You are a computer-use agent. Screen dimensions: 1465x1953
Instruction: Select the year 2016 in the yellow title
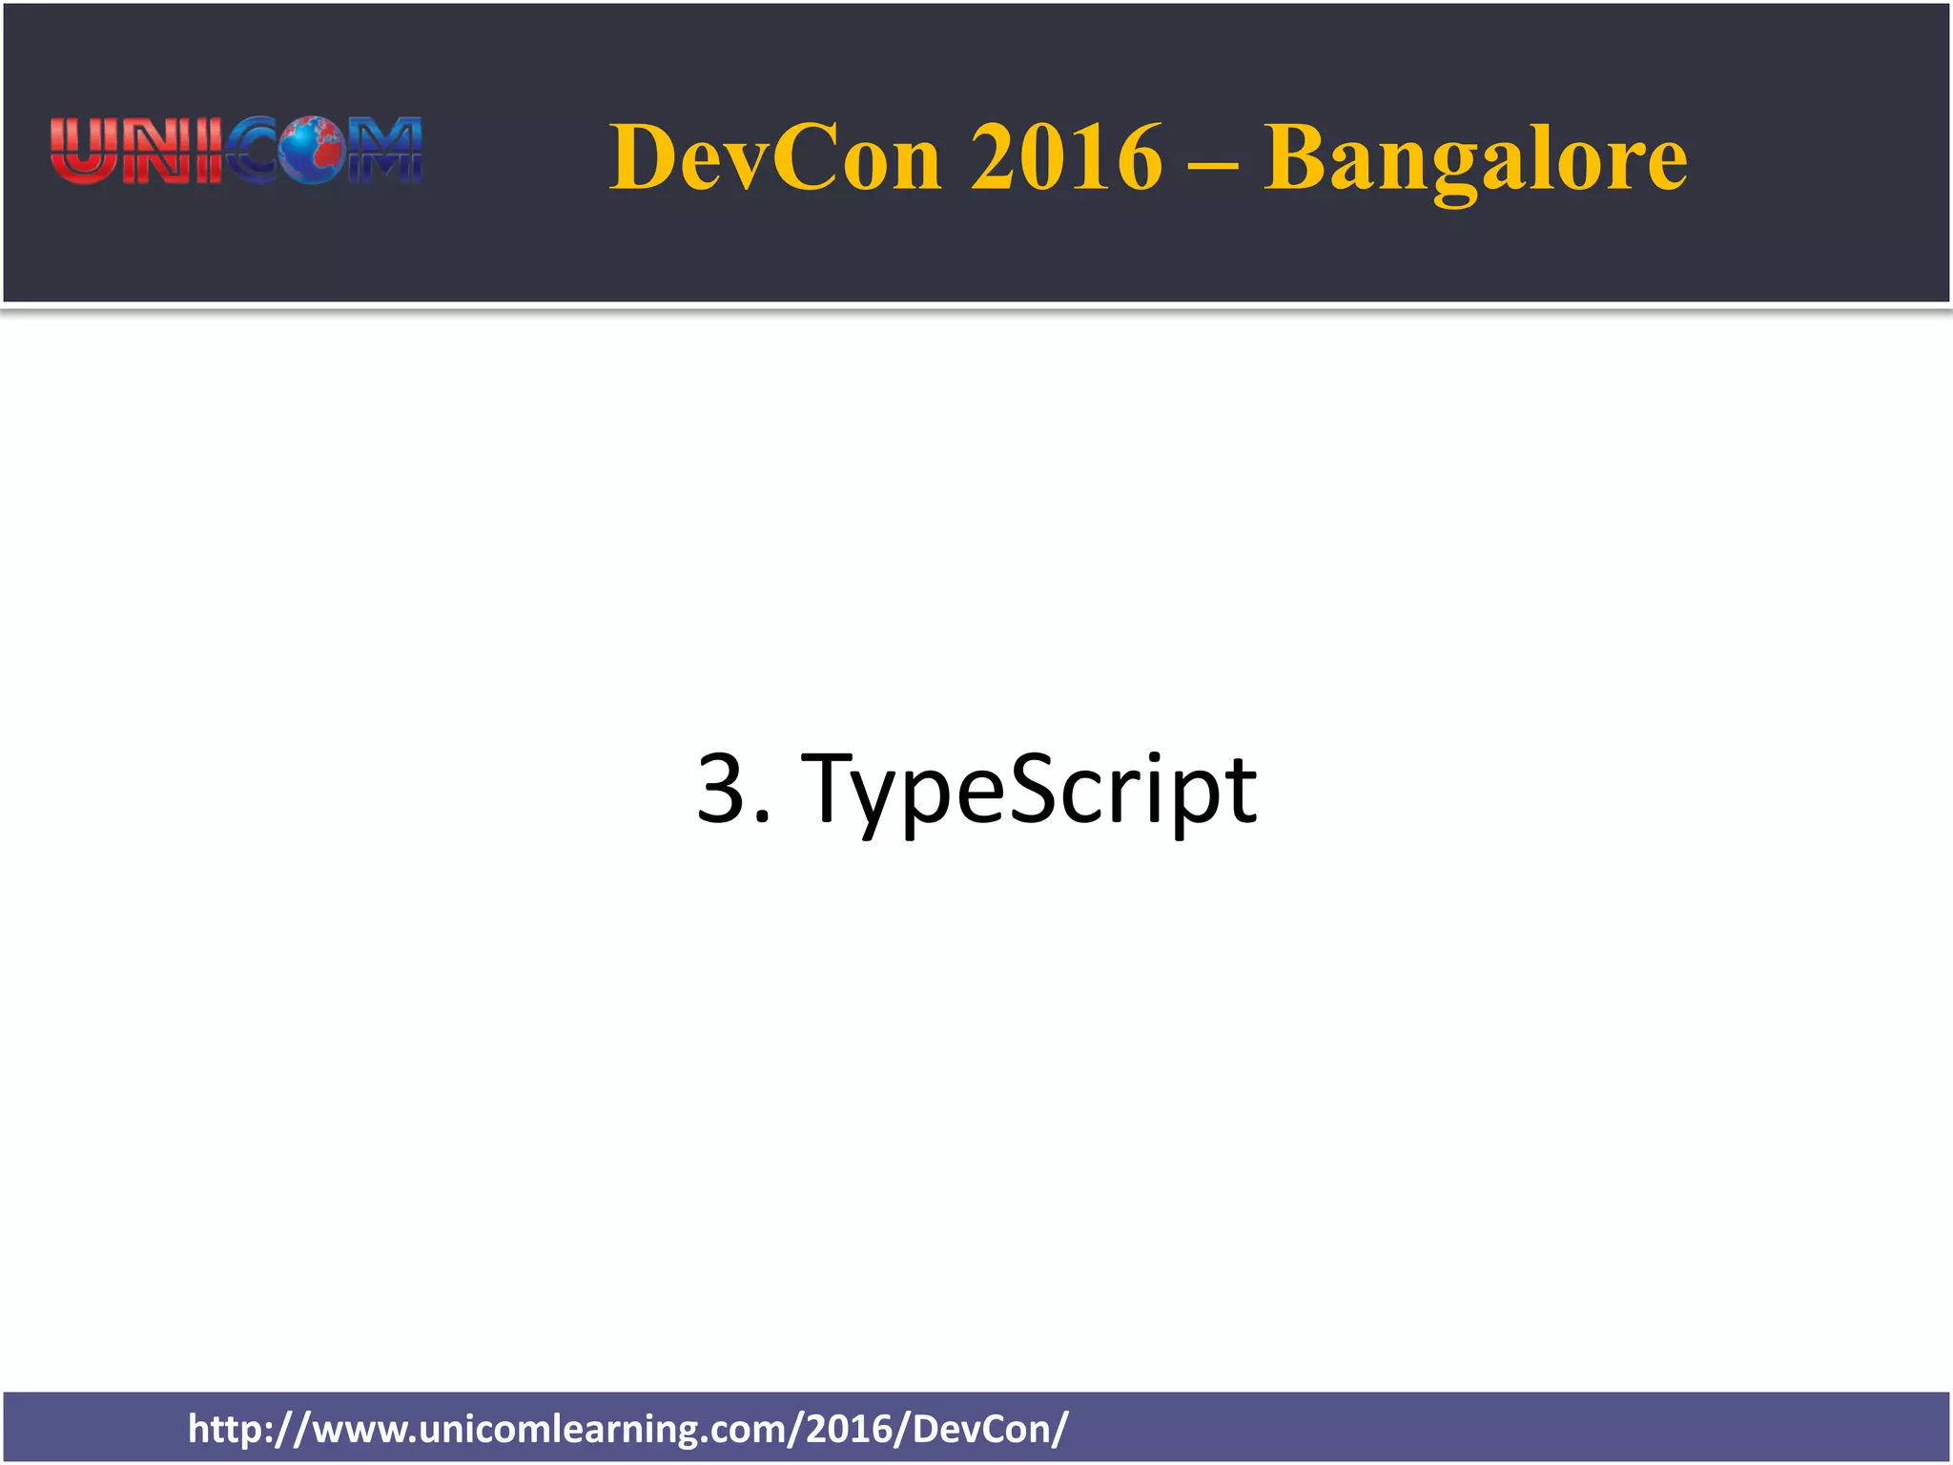point(1066,157)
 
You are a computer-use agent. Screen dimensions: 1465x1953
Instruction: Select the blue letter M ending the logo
point(385,151)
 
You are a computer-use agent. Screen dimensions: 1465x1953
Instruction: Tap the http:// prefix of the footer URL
point(247,1429)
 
